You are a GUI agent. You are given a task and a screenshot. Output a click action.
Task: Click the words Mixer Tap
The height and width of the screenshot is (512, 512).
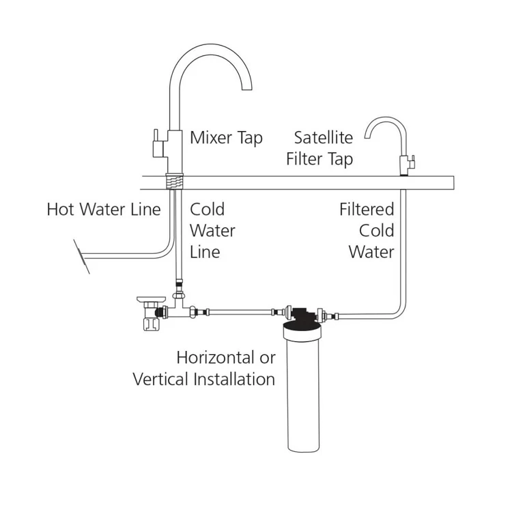(x=226, y=138)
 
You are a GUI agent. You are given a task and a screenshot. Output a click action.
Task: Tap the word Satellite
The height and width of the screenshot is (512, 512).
(x=324, y=138)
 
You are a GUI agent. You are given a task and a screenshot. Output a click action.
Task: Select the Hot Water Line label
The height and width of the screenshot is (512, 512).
(x=104, y=209)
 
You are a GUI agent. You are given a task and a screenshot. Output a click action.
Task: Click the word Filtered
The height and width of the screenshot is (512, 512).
(x=367, y=209)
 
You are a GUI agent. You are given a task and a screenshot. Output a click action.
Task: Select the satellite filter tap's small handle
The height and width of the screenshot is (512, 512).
(x=412, y=162)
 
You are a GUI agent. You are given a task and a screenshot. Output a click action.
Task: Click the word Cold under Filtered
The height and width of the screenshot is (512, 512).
(x=377, y=230)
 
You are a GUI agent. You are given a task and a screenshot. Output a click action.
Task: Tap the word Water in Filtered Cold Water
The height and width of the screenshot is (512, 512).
(x=371, y=251)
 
